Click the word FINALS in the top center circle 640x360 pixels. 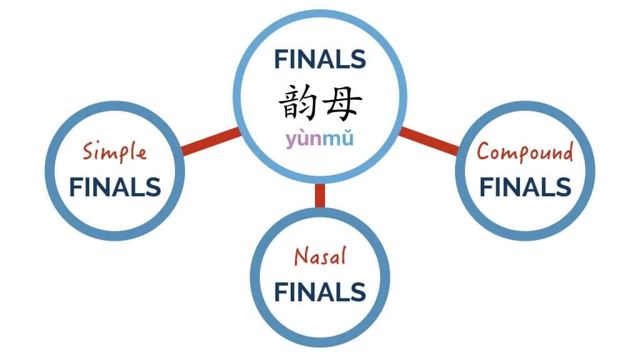click(319, 59)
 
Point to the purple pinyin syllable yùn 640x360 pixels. click(304, 138)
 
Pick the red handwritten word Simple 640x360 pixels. click(115, 152)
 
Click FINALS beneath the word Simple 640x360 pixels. click(115, 187)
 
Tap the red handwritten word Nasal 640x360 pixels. click(320, 256)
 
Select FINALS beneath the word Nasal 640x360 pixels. click(320, 291)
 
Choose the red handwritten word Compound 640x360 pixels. click(525, 152)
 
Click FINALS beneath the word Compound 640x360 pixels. click(525, 187)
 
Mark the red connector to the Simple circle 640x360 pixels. click(210, 142)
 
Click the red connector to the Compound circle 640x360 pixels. click(429, 141)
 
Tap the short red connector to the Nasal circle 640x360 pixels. click(320, 196)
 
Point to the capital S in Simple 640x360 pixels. click(89, 151)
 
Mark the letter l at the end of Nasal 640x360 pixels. click(342, 255)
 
